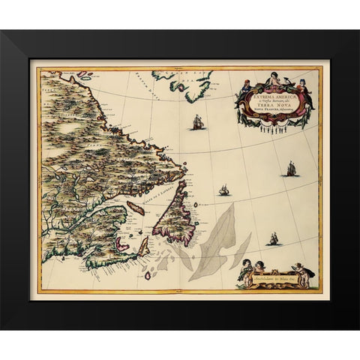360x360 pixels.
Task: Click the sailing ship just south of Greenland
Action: (198, 121)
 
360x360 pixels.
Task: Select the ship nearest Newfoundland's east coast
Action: (223, 190)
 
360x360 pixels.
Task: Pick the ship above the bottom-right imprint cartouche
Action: (274, 238)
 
